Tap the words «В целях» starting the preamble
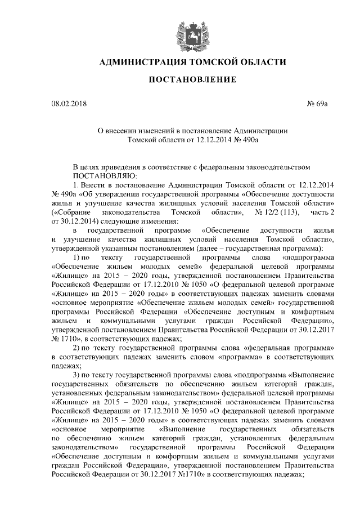(x=87, y=166)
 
